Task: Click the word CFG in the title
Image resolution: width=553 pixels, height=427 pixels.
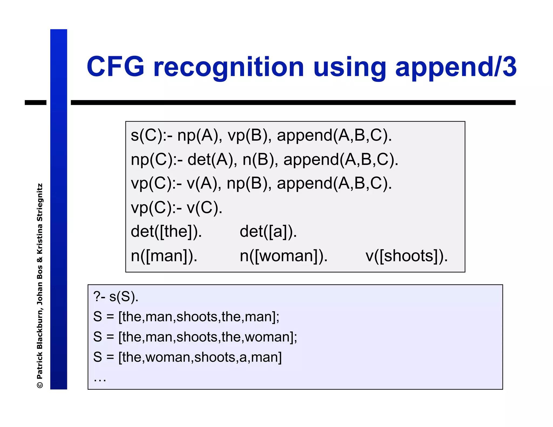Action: (x=116, y=67)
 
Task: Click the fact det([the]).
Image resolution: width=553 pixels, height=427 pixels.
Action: (x=166, y=232)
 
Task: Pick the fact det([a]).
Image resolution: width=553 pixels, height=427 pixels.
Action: (x=268, y=232)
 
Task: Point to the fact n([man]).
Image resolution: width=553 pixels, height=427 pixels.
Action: (x=164, y=256)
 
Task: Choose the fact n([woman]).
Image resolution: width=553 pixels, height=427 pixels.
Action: (x=284, y=256)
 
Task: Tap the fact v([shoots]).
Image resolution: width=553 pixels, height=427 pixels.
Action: (x=406, y=256)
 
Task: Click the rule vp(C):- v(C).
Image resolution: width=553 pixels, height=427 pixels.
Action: (x=177, y=208)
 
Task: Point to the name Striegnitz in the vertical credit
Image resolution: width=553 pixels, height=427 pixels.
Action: (x=40, y=202)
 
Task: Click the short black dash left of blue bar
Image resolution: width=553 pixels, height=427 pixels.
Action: (x=35, y=103)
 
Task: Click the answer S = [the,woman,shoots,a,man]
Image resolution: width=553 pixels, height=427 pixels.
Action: (x=187, y=357)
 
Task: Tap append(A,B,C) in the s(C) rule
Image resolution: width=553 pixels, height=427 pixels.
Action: (x=334, y=135)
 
